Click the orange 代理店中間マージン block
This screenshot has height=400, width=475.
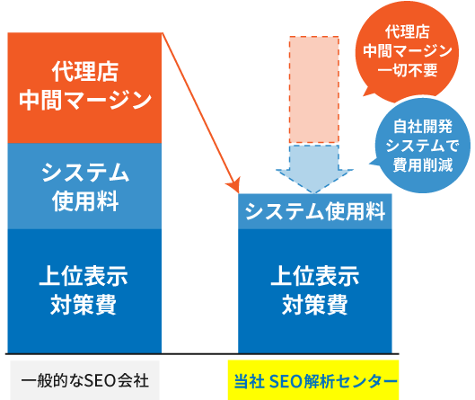pyautogui.click(x=84, y=88)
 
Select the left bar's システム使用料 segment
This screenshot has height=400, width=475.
pyautogui.click(x=84, y=186)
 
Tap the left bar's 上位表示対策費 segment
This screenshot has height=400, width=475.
pyautogui.click(x=84, y=291)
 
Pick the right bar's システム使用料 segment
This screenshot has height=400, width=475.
pyautogui.click(x=315, y=211)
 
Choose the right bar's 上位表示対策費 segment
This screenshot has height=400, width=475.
pyautogui.click(x=315, y=291)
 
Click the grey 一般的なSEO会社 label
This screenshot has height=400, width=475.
pyautogui.click(x=84, y=380)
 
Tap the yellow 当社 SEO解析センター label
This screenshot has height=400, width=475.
pyautogui.click(x=313, y=380)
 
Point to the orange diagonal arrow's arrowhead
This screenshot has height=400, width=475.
pyautogui.click(x=234, y=185)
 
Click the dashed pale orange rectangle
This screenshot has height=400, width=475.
pyautogui.click(x=314, y=90)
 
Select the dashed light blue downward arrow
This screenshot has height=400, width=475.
pyautogui.click(x=314, y=169)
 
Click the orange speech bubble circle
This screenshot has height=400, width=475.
pyautogui.click(x=407, y=51)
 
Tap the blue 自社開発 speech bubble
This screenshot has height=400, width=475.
pyautogui.click(x=423, y=146)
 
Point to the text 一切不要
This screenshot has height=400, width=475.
pyautogui.click(x=408, y=70)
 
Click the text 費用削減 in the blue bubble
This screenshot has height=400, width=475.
pyautogui.click(x=423, y=165)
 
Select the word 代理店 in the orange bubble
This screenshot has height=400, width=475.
pyautogui.click(x=408, y=31)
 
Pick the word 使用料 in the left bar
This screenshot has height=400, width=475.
pyautogui.click(x=85, y=201)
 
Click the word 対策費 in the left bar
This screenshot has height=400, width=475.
pyautogui.click(x=84, y=304)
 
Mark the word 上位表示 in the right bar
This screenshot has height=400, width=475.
pyautogui.click(x=315, y=276)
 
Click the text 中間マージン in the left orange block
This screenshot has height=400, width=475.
pyautogui.click(x=85, y=100)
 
